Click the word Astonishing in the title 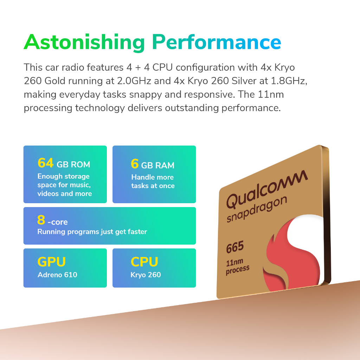(84, 43)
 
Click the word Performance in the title (217, 42)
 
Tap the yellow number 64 (45, 163)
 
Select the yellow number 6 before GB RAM (135, 164)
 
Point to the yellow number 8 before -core (41, 220)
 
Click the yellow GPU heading (52, 262)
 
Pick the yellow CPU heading (144, 262)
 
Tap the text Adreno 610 (57, 275)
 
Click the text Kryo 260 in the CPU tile (146, 275)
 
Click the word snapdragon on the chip (257, 209)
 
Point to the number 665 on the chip (235, 247)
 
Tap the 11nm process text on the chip (237, 266)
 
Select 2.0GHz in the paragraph (134, 81)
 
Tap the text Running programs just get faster (92, 232)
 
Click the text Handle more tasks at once (153, 181)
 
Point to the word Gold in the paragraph (55, 81)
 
